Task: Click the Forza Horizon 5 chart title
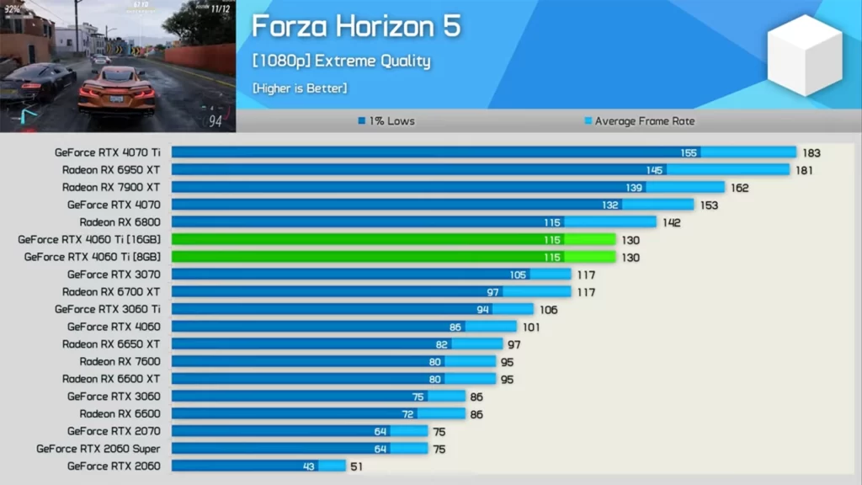pos(356,26)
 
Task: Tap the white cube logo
pos(804,55)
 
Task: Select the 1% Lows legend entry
pos(386,121)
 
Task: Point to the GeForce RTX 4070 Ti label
pos(107,152)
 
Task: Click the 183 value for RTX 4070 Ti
pos(811,152)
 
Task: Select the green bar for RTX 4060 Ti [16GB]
pos(393,240)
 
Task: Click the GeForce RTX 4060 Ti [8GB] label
pos(92,257)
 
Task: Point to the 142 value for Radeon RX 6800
pos(672,222)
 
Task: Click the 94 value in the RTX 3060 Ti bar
pos(483,309)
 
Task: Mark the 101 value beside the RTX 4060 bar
pos(531,327)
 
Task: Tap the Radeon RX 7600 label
pos(120,361)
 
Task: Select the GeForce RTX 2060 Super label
pos(98,449)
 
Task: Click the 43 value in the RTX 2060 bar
pos(310,466)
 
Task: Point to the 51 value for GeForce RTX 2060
pos(356,466)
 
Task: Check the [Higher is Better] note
pos(299,88)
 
